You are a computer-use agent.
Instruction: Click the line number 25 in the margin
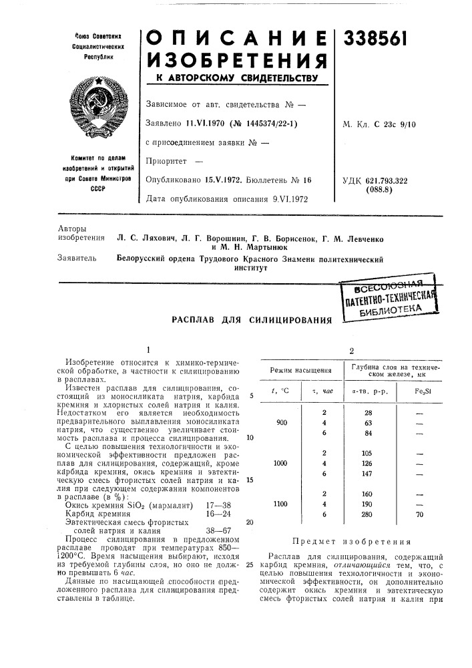point(249,565)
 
